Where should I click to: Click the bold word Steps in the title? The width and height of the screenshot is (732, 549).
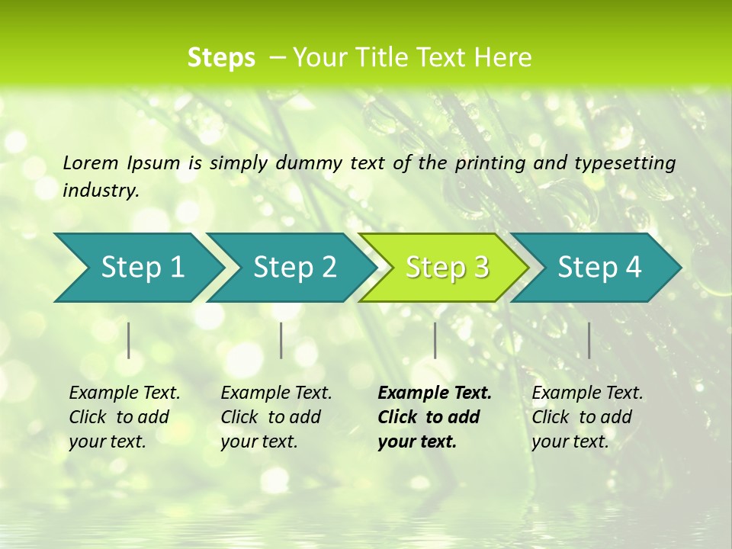pos(221,58)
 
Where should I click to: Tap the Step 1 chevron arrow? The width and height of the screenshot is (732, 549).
pos(140,268)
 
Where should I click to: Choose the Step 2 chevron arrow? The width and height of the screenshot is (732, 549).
pos(293,268)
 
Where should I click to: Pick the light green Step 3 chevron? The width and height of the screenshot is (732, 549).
pos(445,268)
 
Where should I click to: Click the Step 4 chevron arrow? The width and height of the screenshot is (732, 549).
pos(598,268)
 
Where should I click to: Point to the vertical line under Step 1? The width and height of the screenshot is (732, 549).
pos(129,340)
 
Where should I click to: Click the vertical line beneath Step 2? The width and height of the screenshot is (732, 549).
pos(281,340)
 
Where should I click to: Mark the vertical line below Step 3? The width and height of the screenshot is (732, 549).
pos(435,340)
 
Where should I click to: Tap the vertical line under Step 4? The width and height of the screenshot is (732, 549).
pos(589,340)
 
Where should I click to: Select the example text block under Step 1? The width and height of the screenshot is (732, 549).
pos(124,417)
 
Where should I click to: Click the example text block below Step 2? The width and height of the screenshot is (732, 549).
pos(276,417)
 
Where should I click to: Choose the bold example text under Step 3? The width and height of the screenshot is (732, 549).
pos(435,417)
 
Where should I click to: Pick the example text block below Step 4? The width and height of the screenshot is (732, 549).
pos(587,417)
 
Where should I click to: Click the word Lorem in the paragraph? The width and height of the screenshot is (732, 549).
pos(91,162)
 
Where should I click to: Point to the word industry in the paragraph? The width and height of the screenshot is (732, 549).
pos(100,190)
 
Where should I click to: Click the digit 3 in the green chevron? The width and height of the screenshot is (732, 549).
pos(480,268)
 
